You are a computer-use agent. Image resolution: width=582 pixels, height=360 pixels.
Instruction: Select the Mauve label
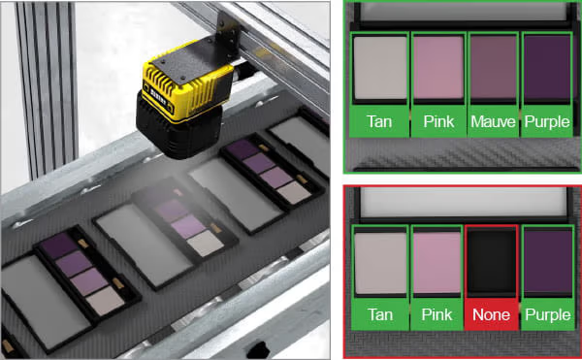493,121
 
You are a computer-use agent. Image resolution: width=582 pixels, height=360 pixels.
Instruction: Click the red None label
491,314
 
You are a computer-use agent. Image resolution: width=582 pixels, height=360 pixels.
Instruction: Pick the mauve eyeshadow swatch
493,67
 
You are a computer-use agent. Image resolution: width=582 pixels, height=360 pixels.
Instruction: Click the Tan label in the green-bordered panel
379,121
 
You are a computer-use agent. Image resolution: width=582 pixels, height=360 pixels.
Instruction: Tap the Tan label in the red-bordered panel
380,314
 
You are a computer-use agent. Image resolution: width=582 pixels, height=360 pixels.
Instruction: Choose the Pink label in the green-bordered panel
438,121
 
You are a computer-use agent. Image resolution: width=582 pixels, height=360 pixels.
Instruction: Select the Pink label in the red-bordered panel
436,314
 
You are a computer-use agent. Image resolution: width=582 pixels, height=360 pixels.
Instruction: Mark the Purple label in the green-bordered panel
547,121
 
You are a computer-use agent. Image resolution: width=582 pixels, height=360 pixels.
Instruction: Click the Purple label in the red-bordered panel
547,314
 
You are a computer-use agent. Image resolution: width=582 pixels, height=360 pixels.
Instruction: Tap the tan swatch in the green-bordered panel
380,68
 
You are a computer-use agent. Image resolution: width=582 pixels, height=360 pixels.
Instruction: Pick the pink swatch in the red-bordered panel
436,262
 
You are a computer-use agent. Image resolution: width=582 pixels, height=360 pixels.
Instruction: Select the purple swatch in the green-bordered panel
547,67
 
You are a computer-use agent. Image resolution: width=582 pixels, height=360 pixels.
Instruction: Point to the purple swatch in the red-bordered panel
548,261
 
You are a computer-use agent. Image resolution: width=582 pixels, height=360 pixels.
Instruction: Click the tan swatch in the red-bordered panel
380,263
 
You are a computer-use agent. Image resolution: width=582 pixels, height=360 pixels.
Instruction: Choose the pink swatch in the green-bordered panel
438,67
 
